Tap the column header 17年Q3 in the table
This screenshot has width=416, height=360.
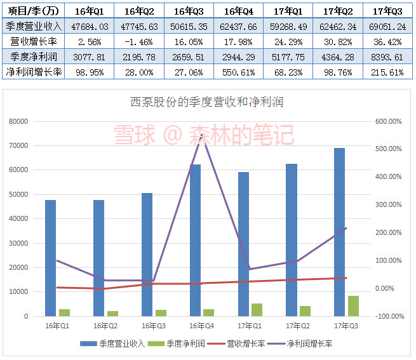388,11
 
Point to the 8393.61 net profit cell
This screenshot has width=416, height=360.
388,57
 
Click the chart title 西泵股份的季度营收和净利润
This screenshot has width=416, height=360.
206,102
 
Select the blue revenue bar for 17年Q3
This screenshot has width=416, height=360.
340,232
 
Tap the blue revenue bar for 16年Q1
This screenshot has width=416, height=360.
50,258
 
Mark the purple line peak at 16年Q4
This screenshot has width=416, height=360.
202,135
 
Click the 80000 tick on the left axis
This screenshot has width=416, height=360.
19,121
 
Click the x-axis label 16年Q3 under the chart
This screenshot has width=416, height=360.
153,326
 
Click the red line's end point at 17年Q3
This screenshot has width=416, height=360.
346,278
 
